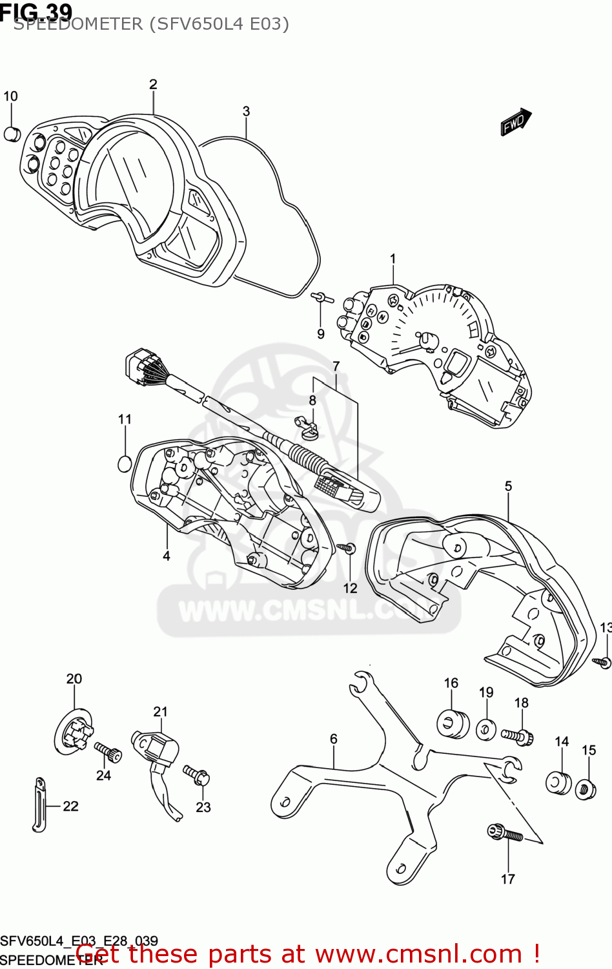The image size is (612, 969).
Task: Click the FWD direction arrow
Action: click(515, 122)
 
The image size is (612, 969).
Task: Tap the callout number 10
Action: click(10, 96)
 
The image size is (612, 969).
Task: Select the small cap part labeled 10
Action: click(12, 134)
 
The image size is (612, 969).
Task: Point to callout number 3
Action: click(246, 111)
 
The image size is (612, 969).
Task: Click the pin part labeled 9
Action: click(320, 297)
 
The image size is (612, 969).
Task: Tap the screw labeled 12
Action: click(348, 548)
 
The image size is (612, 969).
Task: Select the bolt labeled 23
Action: click(196, 773)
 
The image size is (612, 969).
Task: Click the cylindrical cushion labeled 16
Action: click(453, 724)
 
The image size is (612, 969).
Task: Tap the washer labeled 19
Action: click(485, 729)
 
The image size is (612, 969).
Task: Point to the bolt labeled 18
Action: click(516, 736)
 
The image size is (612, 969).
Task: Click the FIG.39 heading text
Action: click(36, 11)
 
